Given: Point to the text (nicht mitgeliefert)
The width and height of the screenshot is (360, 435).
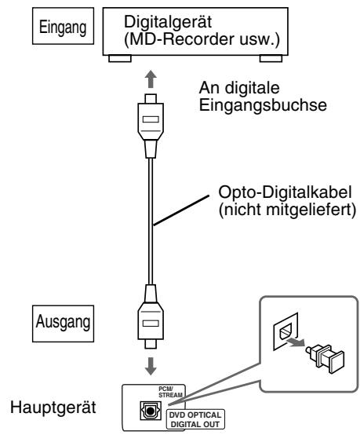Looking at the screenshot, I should tap(276, 210).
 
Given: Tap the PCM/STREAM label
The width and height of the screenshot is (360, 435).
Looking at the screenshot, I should tap(165, 390).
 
